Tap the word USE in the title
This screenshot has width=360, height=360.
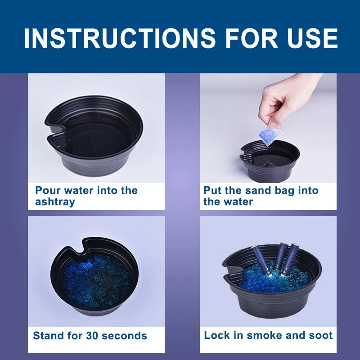point(312,38)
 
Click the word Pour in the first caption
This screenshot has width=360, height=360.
point(48,190)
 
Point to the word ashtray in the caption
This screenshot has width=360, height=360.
point(55,202)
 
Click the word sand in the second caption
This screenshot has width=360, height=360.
point(258,190)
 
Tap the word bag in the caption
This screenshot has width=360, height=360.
point(284,191)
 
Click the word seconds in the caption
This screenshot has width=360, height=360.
point(124,336)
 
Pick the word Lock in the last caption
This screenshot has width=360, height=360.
point(217,335)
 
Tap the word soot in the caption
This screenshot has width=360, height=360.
point(321,335)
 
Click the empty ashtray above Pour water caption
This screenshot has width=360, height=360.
point(93,136)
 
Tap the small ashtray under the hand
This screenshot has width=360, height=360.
point(270,161)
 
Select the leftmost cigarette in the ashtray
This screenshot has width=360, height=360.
point(262,260)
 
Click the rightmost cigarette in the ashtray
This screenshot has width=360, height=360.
point(290,258)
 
